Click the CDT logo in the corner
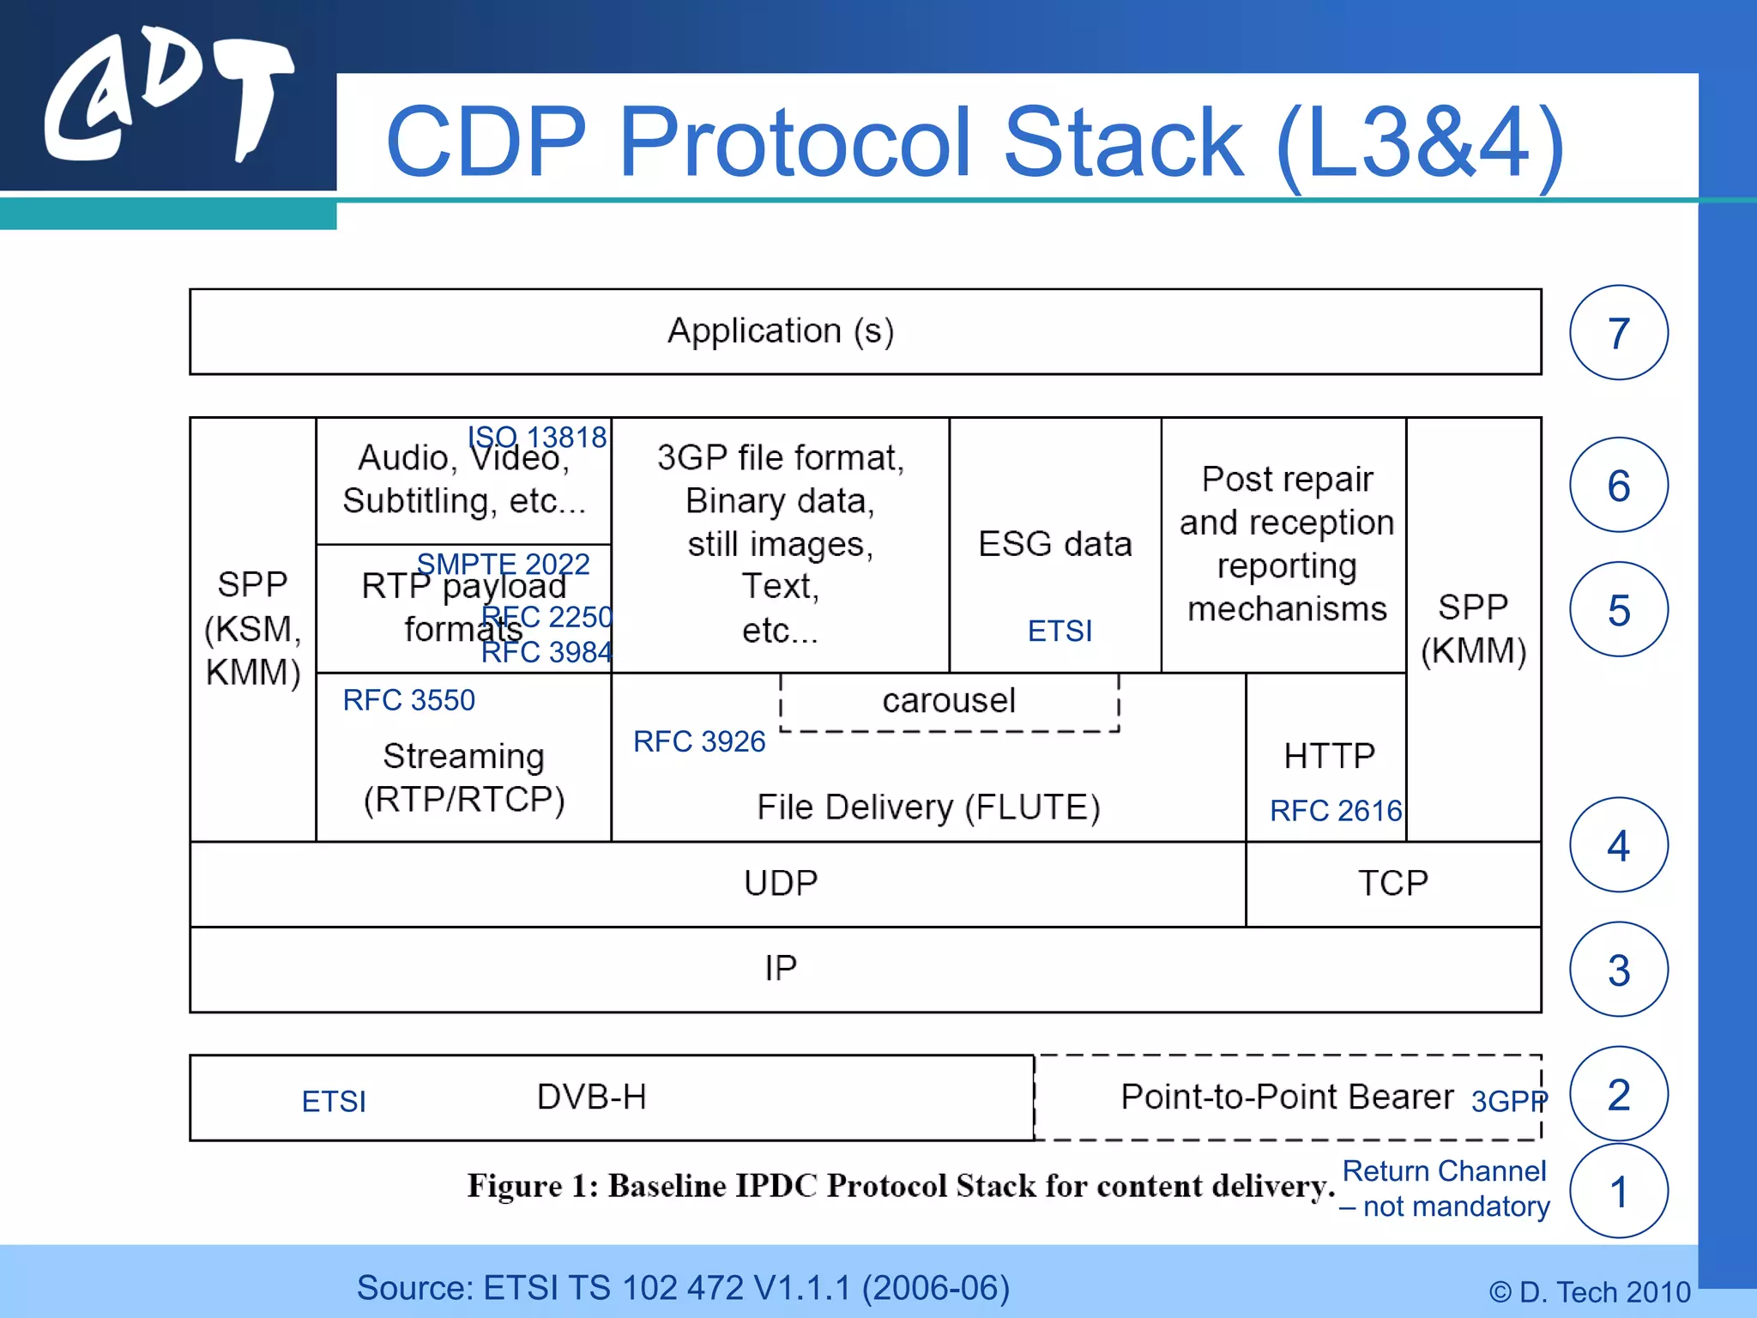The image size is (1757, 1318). (167, 96)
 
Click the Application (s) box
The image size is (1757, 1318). (865, 331)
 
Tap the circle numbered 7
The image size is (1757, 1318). (1618, 333)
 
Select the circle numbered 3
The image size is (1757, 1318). (1618, 970)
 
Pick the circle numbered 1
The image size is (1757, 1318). (1618, 1191)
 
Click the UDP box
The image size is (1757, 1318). (780, 884)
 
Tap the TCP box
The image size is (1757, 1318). (1392, 884)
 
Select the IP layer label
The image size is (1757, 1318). (780, 968)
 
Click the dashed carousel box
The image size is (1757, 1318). (949, 702)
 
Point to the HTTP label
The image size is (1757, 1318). (1329, 756)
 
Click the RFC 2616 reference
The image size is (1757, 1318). (1335, 810)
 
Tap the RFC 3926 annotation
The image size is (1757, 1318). (698, 741)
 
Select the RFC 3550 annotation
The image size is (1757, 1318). (408, 700)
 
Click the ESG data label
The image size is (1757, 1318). (1054, 544)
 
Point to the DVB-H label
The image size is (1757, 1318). (591, 1097)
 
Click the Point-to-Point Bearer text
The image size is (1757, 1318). (1287, 1097)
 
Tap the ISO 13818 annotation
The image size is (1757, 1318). (537, 437)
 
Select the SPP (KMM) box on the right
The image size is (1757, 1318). (1473, 629)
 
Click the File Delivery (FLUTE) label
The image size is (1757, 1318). (928, 807)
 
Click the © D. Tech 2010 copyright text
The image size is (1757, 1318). (1589, 1291)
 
